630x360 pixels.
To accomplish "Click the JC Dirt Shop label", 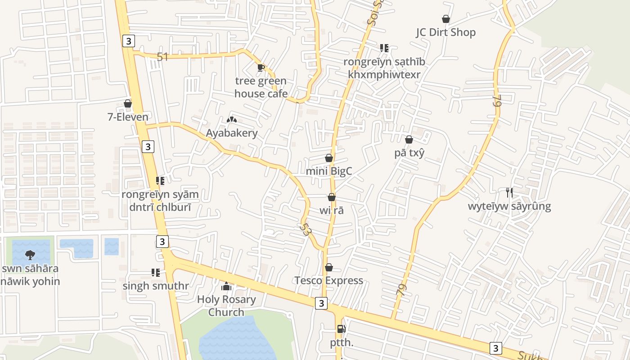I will click(x=445, y=32).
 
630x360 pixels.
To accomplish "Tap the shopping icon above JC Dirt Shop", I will click(x=445, y=19).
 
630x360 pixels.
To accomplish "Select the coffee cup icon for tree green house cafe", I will click(x=261, y=68).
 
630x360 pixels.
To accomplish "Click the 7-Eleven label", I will click(x=128, y=117).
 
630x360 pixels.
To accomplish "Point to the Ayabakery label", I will click(x=232, y=133).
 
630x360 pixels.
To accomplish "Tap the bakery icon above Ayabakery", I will click(x=232, y=120).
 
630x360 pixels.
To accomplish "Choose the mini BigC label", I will click(x=328, y=171).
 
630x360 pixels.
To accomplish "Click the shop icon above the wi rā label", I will click(x=332, y=197).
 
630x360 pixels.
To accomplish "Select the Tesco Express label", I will click(x=328, y=280).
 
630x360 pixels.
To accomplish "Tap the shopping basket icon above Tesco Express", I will click(x=329, y=267).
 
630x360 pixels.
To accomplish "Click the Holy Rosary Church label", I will click(x=226, y=306).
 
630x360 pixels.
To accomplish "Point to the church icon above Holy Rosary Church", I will click(x=226, y=286).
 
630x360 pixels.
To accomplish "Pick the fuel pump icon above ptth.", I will click(x=342, y=329).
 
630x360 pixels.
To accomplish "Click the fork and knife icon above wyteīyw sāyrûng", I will click(x=509, y=193).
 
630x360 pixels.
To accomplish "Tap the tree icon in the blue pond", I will click(x=30, y=255).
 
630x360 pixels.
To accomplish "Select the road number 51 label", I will click(x=162, y=57).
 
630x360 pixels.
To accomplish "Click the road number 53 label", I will click(x=306, y=229).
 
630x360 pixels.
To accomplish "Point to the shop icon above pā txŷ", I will click(x=409, y=140).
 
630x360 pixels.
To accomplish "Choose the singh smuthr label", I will click(x=156, y=286).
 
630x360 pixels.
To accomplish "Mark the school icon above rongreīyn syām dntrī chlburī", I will click(x=160, y=181).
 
